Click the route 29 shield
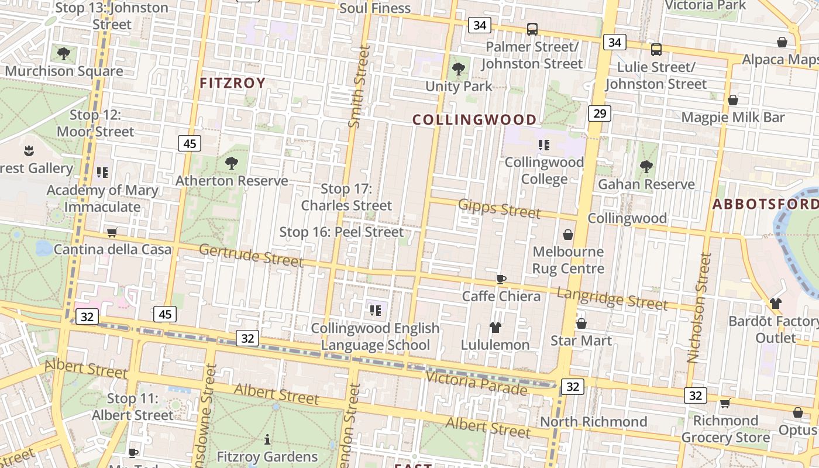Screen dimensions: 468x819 click(x=599, y=113)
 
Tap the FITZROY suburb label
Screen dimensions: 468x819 click(x=232, y=83)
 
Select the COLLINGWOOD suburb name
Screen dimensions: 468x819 click(x=474, y=120)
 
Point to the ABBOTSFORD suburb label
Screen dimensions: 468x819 click(x=765, y=204)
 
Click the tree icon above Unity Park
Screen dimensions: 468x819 click(x=459, y=69)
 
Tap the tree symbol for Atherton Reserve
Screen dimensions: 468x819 click(x=232, y=163)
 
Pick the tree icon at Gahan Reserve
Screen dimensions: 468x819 click(x=646, y=167)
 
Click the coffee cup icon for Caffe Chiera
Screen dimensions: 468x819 click(x=501, y=279)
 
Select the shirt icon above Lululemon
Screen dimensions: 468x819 click(x=495, y=328)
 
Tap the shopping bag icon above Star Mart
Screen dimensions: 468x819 click(x=581, y=324)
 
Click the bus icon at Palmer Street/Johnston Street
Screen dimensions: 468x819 click(x=532, y=29)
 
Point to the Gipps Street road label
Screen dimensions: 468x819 click(x=499, y=208)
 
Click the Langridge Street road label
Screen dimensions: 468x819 click(x=611, y=298)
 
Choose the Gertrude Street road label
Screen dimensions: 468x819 click(x=251, y=255)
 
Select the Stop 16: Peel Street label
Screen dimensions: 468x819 click(x=341, y=232)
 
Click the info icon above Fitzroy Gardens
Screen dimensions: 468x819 click(x=267, y=439)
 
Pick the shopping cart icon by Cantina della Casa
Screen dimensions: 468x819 click(x=112, y=232)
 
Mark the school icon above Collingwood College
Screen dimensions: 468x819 click(x=544, y=145)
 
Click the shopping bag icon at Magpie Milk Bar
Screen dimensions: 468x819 click(x=732, y=100)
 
